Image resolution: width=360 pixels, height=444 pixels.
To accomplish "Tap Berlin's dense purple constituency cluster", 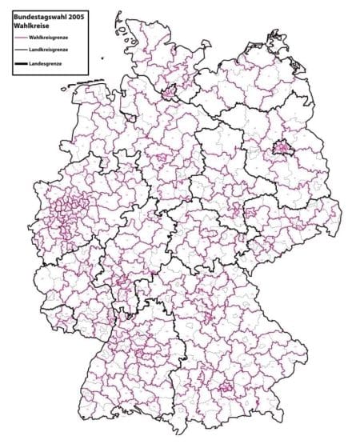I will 280,147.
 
